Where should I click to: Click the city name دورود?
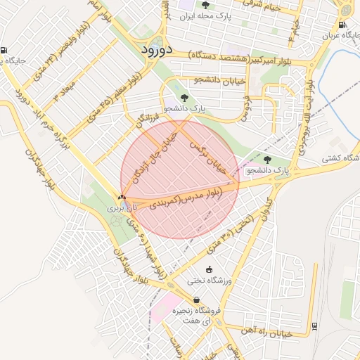(x=152, y=50)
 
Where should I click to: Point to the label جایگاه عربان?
(x=340, y=34)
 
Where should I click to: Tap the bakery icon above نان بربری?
(x=122, y=198)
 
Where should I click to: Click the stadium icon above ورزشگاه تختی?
(x=209, y=269)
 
